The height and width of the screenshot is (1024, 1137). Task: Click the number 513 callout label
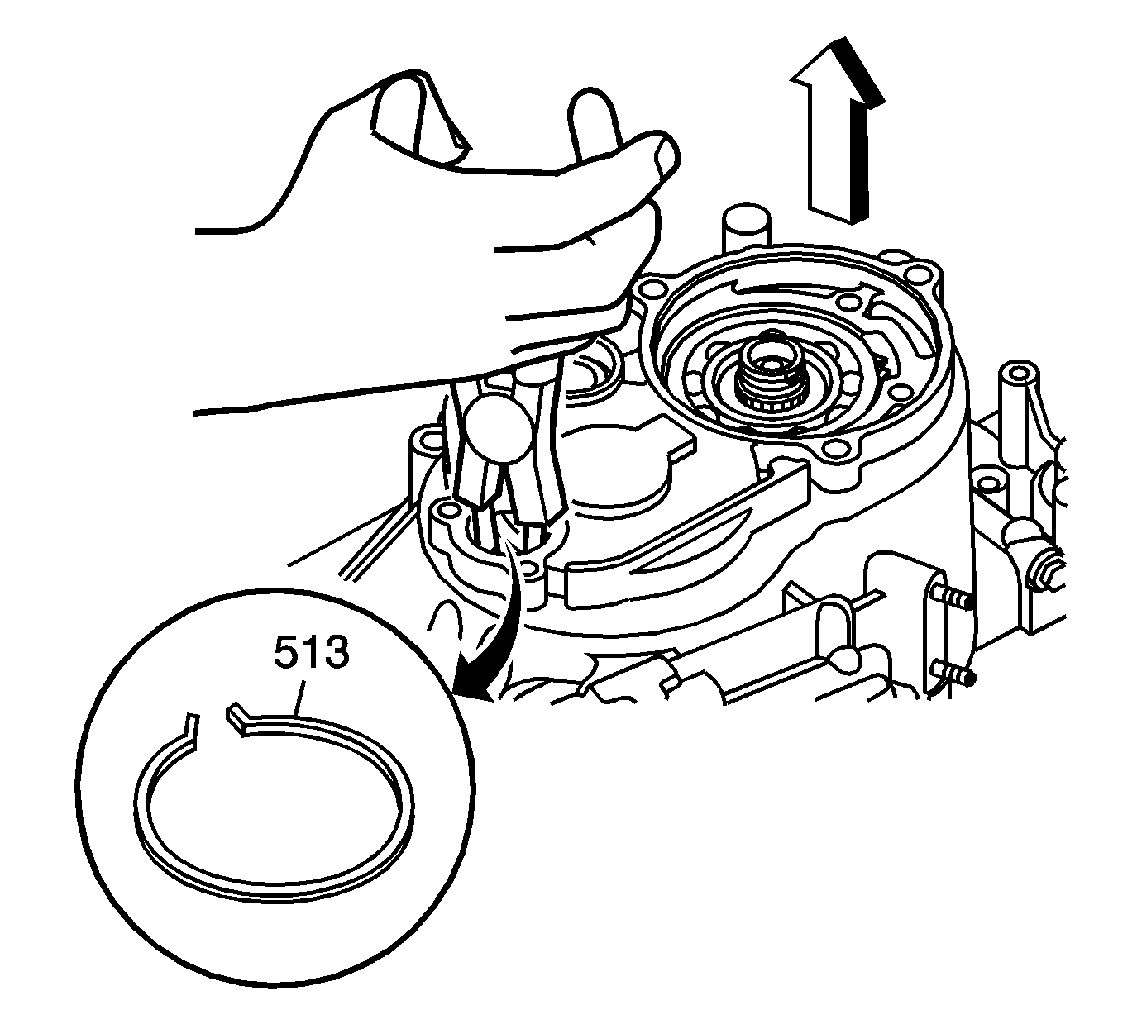pos(311,656)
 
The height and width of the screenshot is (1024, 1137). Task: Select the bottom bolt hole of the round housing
pos(838,450)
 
